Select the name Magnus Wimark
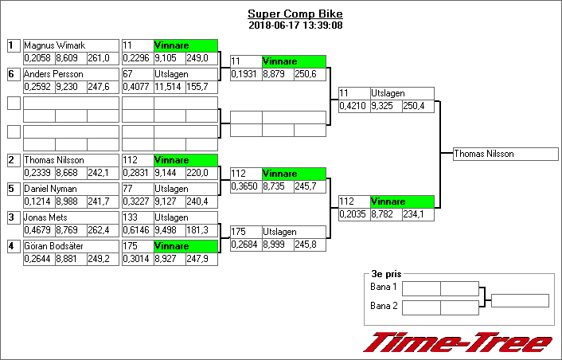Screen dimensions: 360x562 54,45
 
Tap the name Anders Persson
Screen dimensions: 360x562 53,74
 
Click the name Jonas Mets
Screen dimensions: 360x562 46,217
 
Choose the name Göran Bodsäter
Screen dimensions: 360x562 54,246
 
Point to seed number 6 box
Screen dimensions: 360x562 13,74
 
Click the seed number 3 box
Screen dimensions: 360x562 13,217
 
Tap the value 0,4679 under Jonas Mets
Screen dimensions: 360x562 38,230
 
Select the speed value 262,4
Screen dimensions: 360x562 102,230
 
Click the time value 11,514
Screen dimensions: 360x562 169,87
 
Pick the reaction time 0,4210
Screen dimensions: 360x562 353,106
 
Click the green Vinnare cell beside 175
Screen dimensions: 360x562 185,246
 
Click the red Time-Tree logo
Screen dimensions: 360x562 458,342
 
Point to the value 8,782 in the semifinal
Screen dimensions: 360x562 385,214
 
